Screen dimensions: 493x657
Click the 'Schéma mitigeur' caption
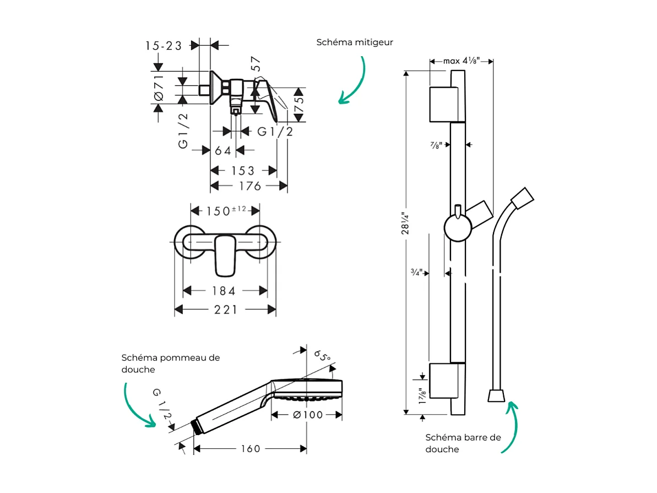(x=355, y=42)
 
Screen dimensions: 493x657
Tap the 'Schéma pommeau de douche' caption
(x=170, y=363)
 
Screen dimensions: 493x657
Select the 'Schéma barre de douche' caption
(x=463, y=443)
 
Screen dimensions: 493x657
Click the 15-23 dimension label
(x=164, y=46)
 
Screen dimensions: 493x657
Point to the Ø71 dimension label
(x=159, y=88)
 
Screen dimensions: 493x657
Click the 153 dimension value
(x=243, y=170)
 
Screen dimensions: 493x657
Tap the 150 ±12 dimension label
(x=226, y=211)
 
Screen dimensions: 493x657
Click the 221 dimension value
(x=226, y=310)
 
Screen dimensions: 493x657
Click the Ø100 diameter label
(x=308, y=415)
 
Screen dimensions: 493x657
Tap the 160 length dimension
(x=250, y=449)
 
